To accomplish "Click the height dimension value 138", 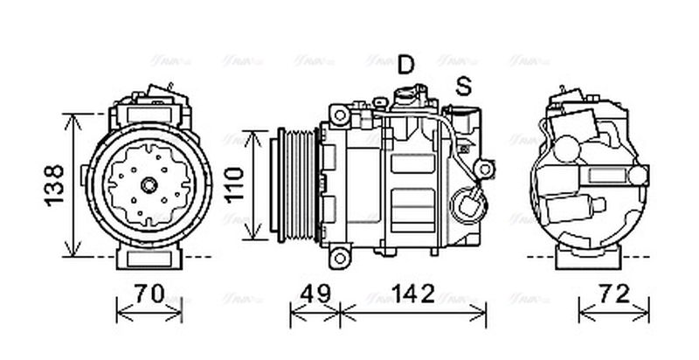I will (x=53, y=184).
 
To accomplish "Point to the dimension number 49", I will (x=315, y=294).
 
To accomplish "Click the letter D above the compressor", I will (x=406, y=64).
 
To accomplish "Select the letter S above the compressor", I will (x=463, y=86).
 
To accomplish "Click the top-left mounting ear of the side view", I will (x=337, y=114).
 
